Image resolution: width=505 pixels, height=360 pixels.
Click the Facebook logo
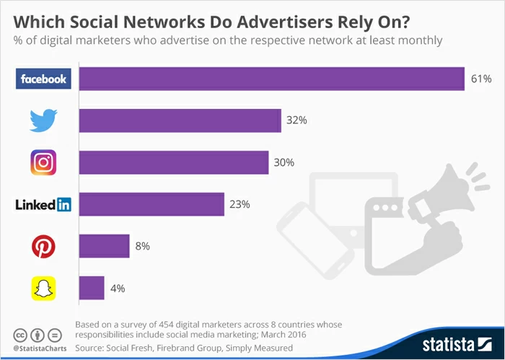pyautogui.click(x=43, y=79)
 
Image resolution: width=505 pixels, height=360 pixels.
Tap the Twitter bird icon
pyautogui.click(x=43, y=120)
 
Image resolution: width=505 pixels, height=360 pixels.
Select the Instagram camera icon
pyautogui.click(x=43, y=162)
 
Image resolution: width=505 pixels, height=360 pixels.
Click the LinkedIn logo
pyautogui.click(x=43, y=204)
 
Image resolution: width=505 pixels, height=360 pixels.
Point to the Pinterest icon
pyautogui.click(x=43, y=247)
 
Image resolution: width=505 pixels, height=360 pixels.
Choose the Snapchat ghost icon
pyautogui.click(x=43, y=289)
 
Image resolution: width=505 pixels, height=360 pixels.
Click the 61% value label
pyautogui.click(x=480, y=79)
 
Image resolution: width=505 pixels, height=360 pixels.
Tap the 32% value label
pyautogui.click(x=297, y=120)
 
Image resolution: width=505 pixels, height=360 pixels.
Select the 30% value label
pyautogui.click(x=284, y=162)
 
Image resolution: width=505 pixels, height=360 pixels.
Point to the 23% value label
pyautogui.click(x=240, y=204)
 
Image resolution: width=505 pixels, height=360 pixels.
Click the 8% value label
pyautogui.click(x=142, y=247)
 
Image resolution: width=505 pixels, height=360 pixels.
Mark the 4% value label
pyautogui.click(x=117, y=289)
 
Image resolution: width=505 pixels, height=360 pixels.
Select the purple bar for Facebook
pyautogui.click(x=271, y=79)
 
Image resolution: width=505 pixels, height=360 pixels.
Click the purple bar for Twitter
pyautogui.click(x=180, y=120)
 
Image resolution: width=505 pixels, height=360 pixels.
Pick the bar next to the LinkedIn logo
pyautogui.click(x=151, y=204)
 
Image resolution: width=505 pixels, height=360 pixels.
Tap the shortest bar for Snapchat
pyautogui.click(x=92, y=289)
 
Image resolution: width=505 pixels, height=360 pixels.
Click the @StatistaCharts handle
pyautogui.click(x=36, y=348)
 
